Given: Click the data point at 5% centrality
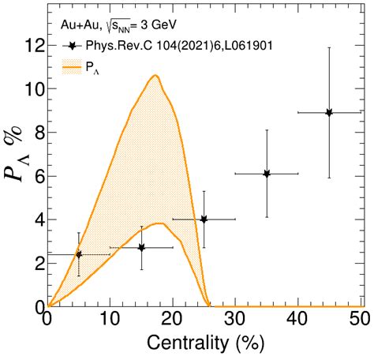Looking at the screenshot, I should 78,254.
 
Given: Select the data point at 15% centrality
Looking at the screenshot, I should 141,248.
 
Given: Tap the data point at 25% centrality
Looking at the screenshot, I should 204,219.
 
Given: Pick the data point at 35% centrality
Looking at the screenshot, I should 267,174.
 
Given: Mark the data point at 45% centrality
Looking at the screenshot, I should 329,113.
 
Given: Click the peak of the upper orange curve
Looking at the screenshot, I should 155,76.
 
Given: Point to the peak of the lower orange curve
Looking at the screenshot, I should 159,223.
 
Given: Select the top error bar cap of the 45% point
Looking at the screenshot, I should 329,48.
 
